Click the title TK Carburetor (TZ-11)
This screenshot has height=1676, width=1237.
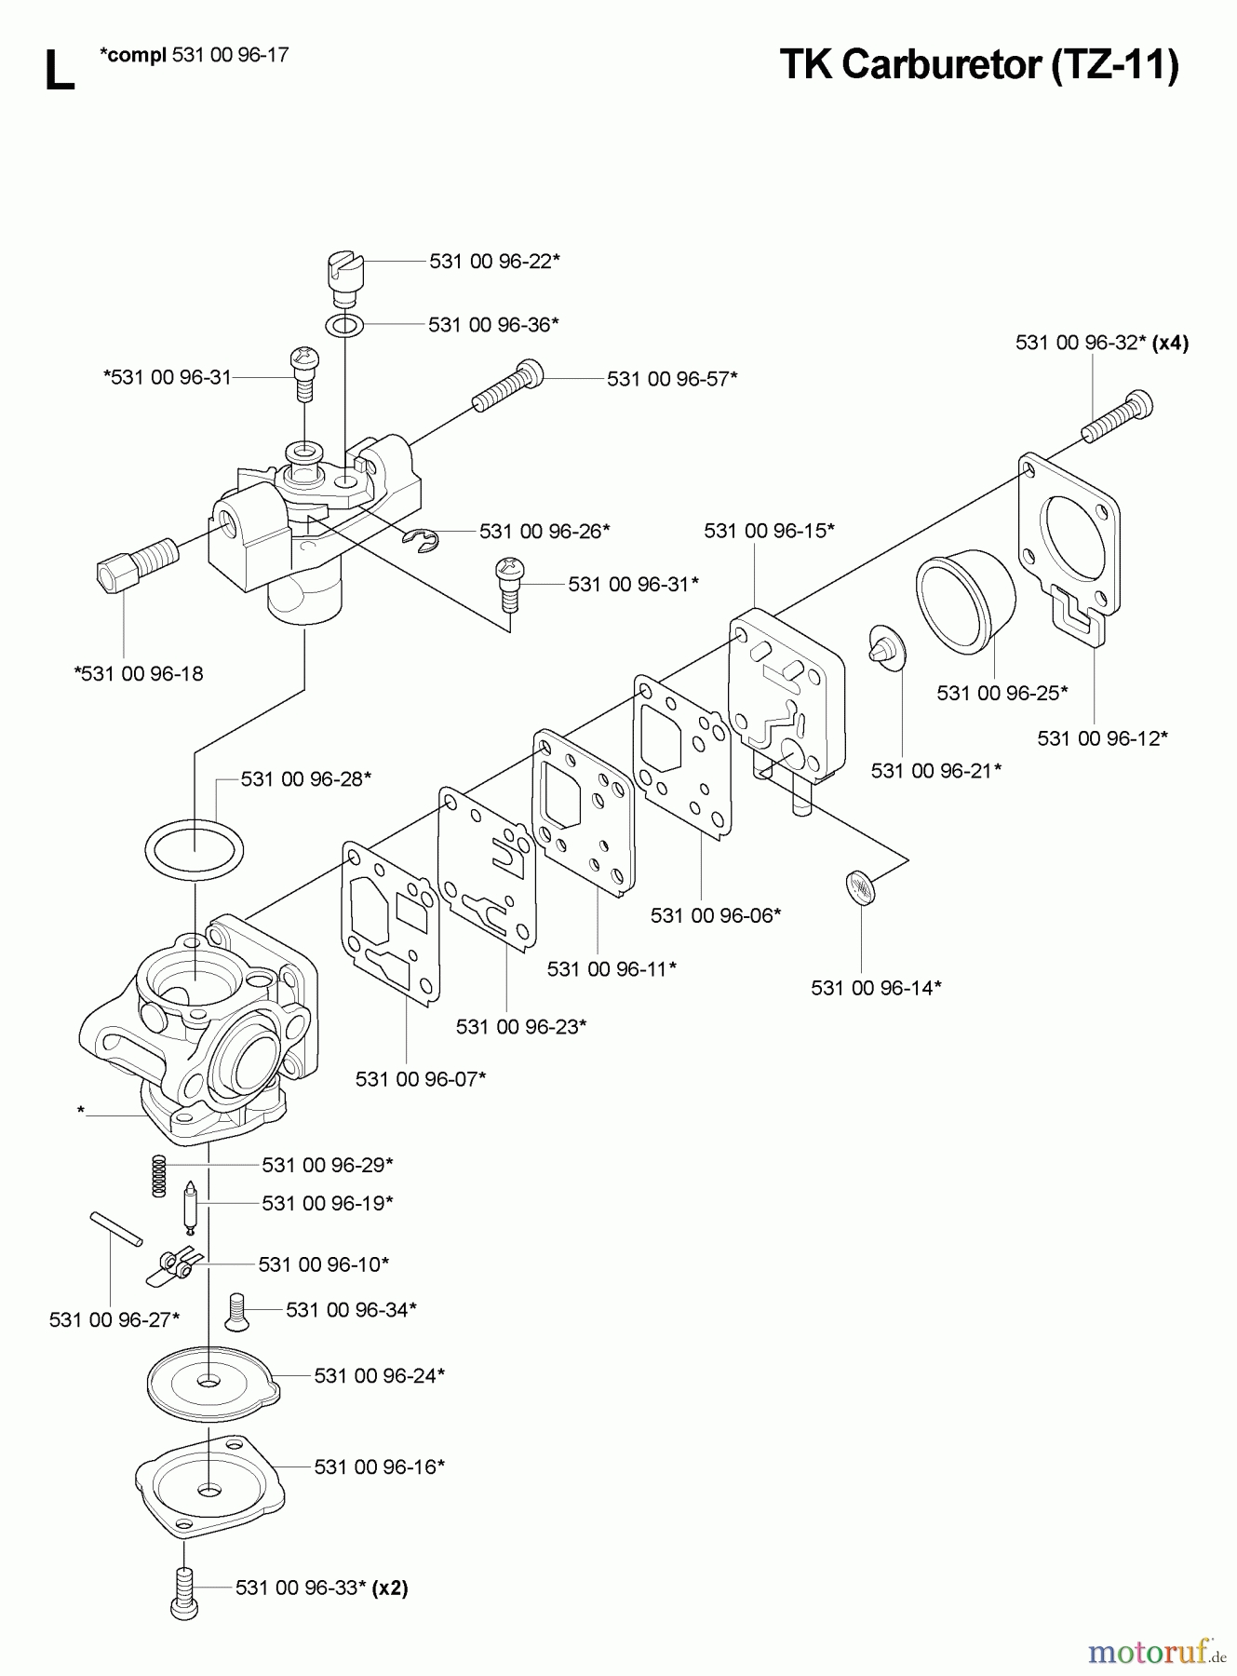[x=978, y=65]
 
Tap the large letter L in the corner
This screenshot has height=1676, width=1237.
[x=59, y=72]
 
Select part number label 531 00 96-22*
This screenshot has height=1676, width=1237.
[x=494, y=262]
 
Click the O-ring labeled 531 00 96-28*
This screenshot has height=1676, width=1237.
[x=195, y=848]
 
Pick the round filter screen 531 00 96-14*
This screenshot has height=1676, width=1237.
[x=861, y=886]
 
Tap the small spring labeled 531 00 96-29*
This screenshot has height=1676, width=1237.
[x=160, y=1176]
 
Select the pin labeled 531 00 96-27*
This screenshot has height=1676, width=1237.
[x=115, y=1227]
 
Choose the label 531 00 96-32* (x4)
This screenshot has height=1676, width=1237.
[x=1101, y=343]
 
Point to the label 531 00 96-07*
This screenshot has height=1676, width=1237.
[x=421, y=1079]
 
